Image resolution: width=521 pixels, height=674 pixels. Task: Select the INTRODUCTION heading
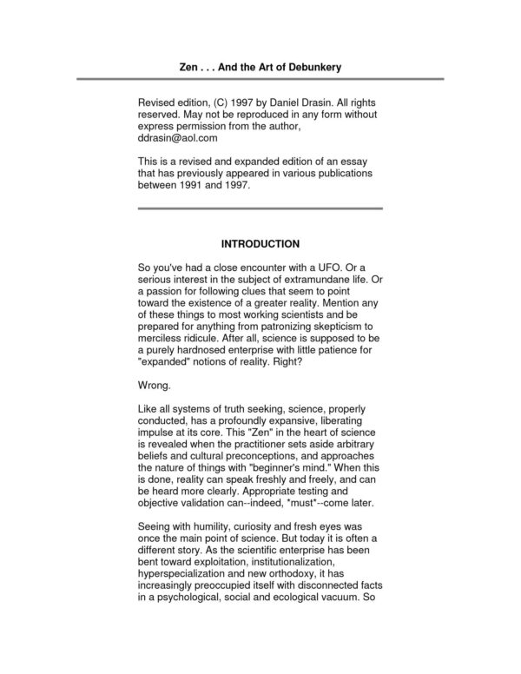(x=260, y=246)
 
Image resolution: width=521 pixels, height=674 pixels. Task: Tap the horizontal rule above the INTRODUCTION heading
(x=260, y=209)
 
